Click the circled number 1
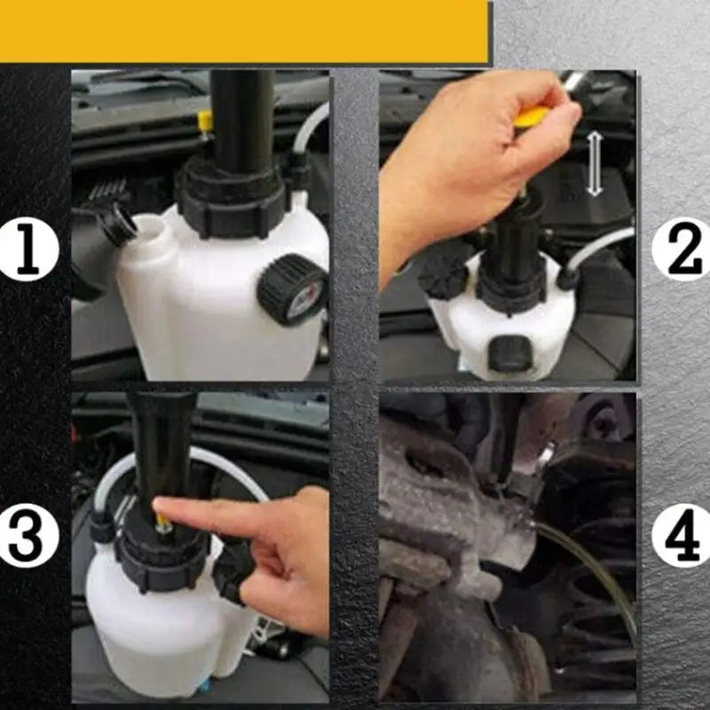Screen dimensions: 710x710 pos(30,251)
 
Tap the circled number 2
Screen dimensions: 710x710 pos(680,250)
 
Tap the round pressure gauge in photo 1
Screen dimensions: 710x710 pos(294,288)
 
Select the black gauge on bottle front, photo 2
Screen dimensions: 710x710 pos(509,354)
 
